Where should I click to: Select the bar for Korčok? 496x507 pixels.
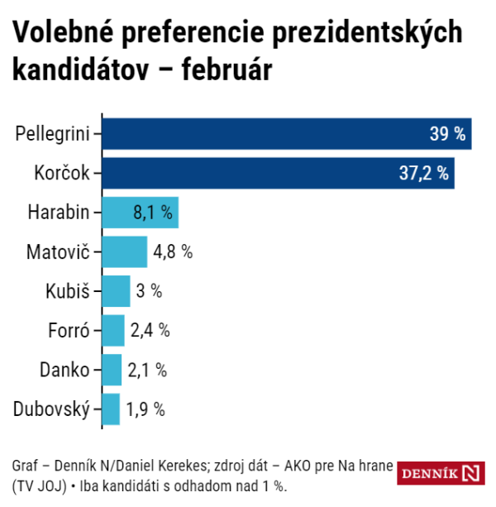tap(265, 172)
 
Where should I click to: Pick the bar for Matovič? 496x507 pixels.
tap(125, 251)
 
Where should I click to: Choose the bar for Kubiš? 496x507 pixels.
tap(117, 291)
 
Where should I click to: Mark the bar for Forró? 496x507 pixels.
tap(113, 330)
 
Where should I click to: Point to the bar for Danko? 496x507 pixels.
tap(112, 370)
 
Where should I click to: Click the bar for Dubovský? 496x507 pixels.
tap(112, 409)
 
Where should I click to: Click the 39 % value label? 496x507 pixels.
tap(447, 134)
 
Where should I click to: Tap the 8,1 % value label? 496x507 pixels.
tap(153, 213)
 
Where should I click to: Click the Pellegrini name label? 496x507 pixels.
tap(53, 133)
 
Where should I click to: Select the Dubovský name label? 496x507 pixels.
tap(51, 409)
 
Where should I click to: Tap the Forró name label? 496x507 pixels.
tap(68, 330)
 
